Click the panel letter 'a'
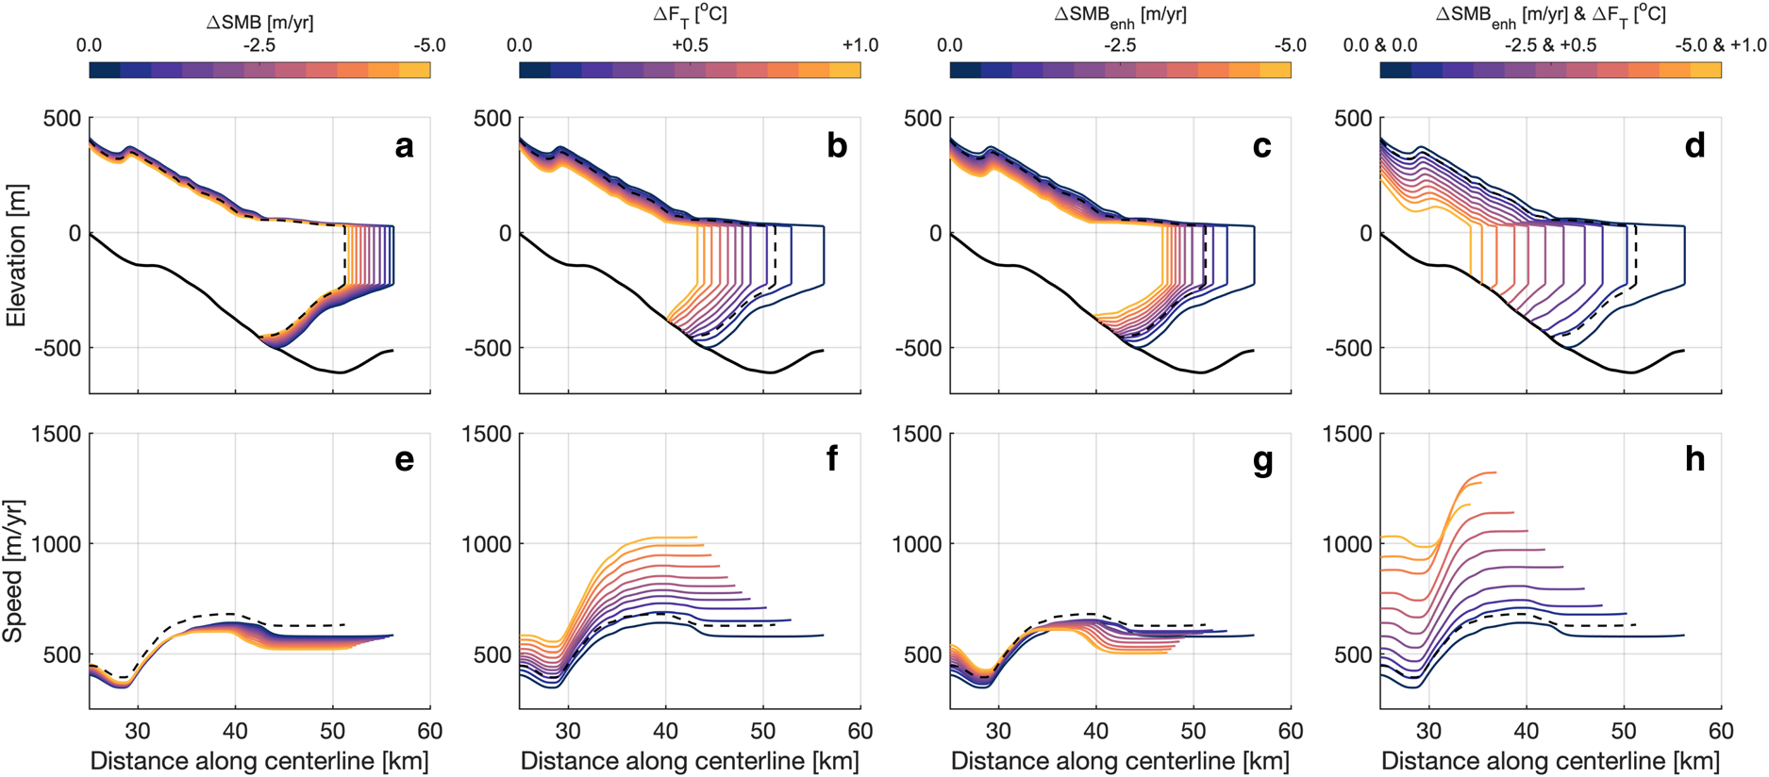(x=404, y=146)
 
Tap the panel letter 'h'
(x=1694, y=459)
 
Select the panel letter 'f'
(x=832, y=459)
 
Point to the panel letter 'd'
(x=1694, y=146)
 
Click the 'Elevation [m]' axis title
(x=16, y=256)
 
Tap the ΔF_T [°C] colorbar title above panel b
(x=690, y=16)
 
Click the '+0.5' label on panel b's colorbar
(x=690, y=45)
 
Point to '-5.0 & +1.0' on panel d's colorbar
(x=1720, y=45)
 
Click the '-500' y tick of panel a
(x=61, y=349)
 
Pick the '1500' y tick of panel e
(x=57, y=435)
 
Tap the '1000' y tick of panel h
(x=1348, y=544)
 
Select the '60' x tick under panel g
(x=1291, y=731)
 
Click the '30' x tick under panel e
(x=138, y=731)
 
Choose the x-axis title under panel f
(x=690, y=761)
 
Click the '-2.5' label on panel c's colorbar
(x=1120, y=45)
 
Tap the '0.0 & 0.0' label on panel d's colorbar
(x=1379, y=45)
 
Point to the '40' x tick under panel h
(x=1526, y=731)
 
